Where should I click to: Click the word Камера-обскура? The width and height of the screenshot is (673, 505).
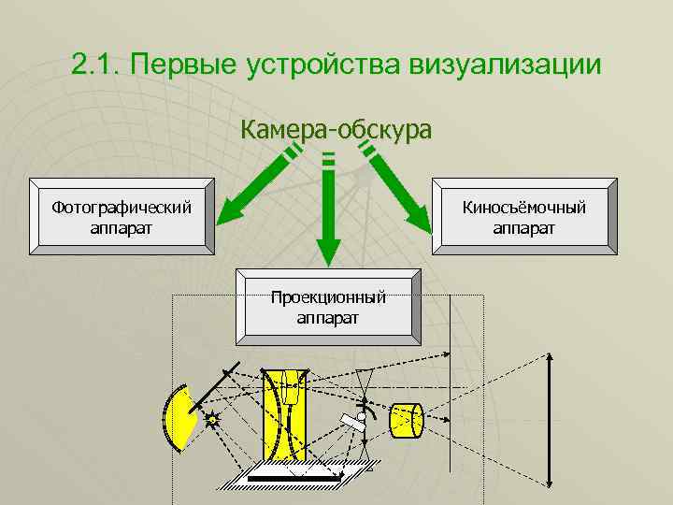(336, 129)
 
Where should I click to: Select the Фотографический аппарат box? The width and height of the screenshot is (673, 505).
(122, 216)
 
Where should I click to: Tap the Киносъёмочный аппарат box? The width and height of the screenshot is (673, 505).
(524, 216)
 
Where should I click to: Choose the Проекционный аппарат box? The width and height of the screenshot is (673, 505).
(328, 308)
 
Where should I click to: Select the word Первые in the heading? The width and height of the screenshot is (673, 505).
(182, 65)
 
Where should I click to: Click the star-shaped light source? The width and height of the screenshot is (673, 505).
(212, 420)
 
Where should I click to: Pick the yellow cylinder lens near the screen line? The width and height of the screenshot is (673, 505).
(407, 422)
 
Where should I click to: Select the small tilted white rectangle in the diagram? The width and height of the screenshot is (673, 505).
(352, 421)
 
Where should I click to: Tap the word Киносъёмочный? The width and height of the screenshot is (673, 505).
(524, 207)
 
